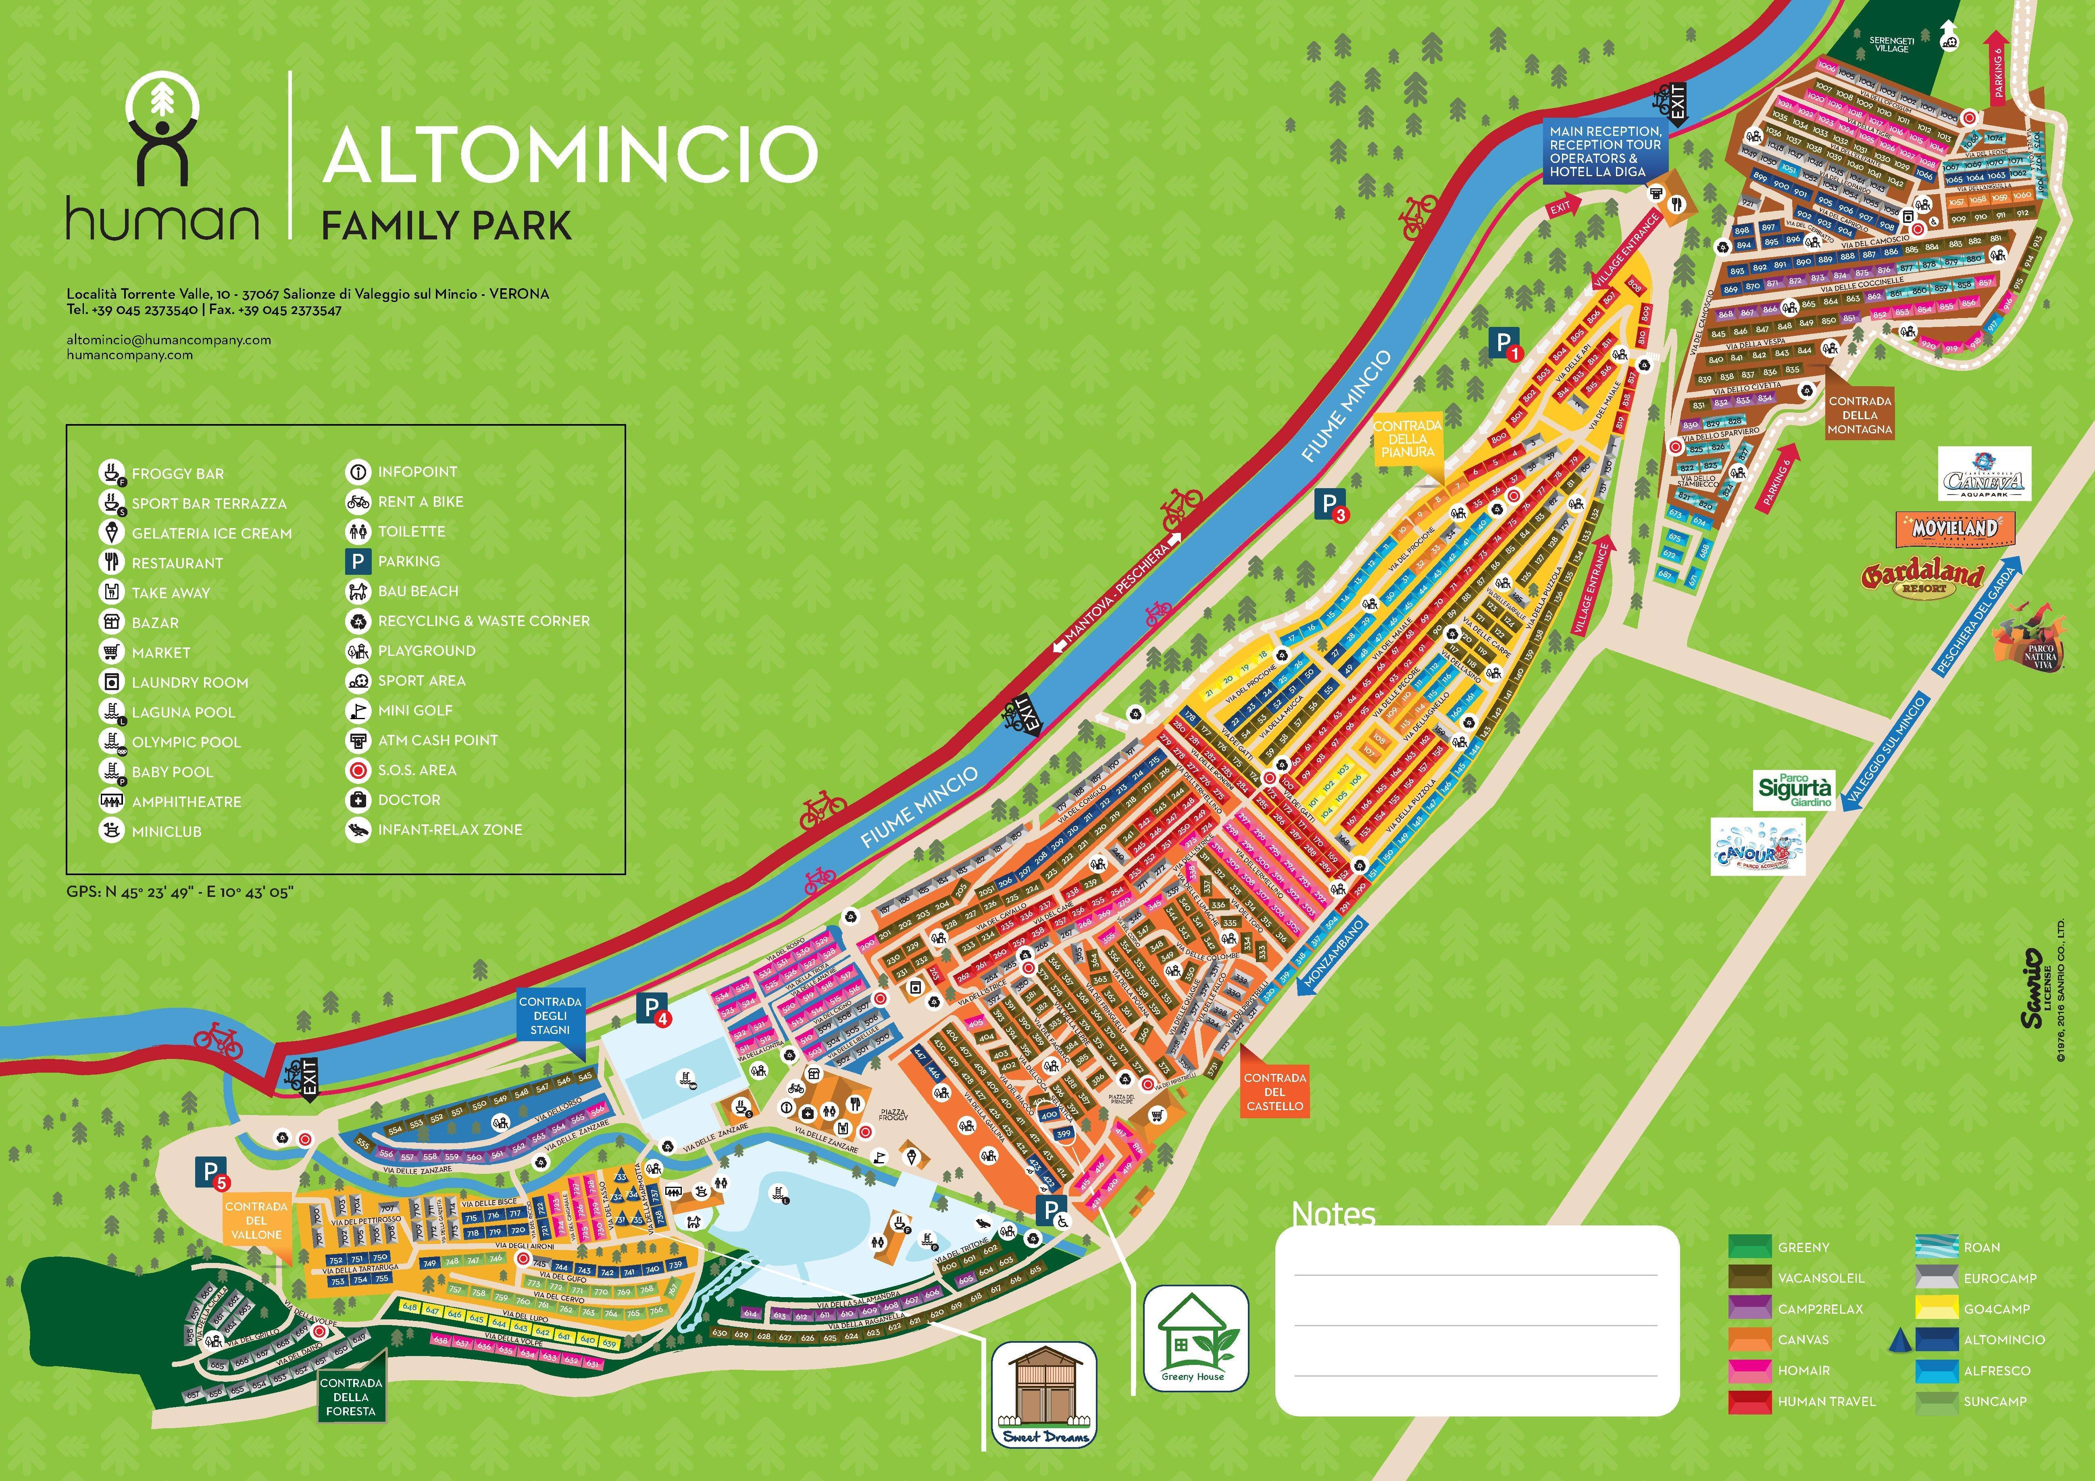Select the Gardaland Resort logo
click(x=1922, y=577)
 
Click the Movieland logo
click(x=1954, y=527)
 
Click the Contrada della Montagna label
click(x=1860, y=415)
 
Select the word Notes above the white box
click(x=1333, y=1214)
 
